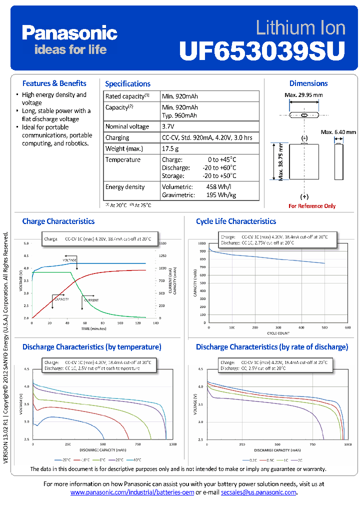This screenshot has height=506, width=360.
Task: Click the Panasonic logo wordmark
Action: click(69, 33)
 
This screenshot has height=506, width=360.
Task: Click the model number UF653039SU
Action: click(262, 50)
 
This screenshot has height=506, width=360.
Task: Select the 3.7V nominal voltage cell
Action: click(169, 126)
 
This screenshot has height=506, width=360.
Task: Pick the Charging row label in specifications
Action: click(117, 137)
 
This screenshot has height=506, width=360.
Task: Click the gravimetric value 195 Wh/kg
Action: click(221, 195)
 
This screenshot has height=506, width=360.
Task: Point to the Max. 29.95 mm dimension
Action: click(303, 95)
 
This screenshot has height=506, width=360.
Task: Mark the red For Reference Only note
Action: click(312, 206)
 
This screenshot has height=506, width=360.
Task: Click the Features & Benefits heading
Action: click(54, 83)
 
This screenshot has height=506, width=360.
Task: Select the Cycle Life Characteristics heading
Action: click(235, 221)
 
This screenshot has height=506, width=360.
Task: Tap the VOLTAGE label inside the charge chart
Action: click(69, 260)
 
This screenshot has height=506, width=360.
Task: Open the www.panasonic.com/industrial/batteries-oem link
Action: click(132, 492)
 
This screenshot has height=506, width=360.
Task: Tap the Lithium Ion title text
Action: click(300, 27)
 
